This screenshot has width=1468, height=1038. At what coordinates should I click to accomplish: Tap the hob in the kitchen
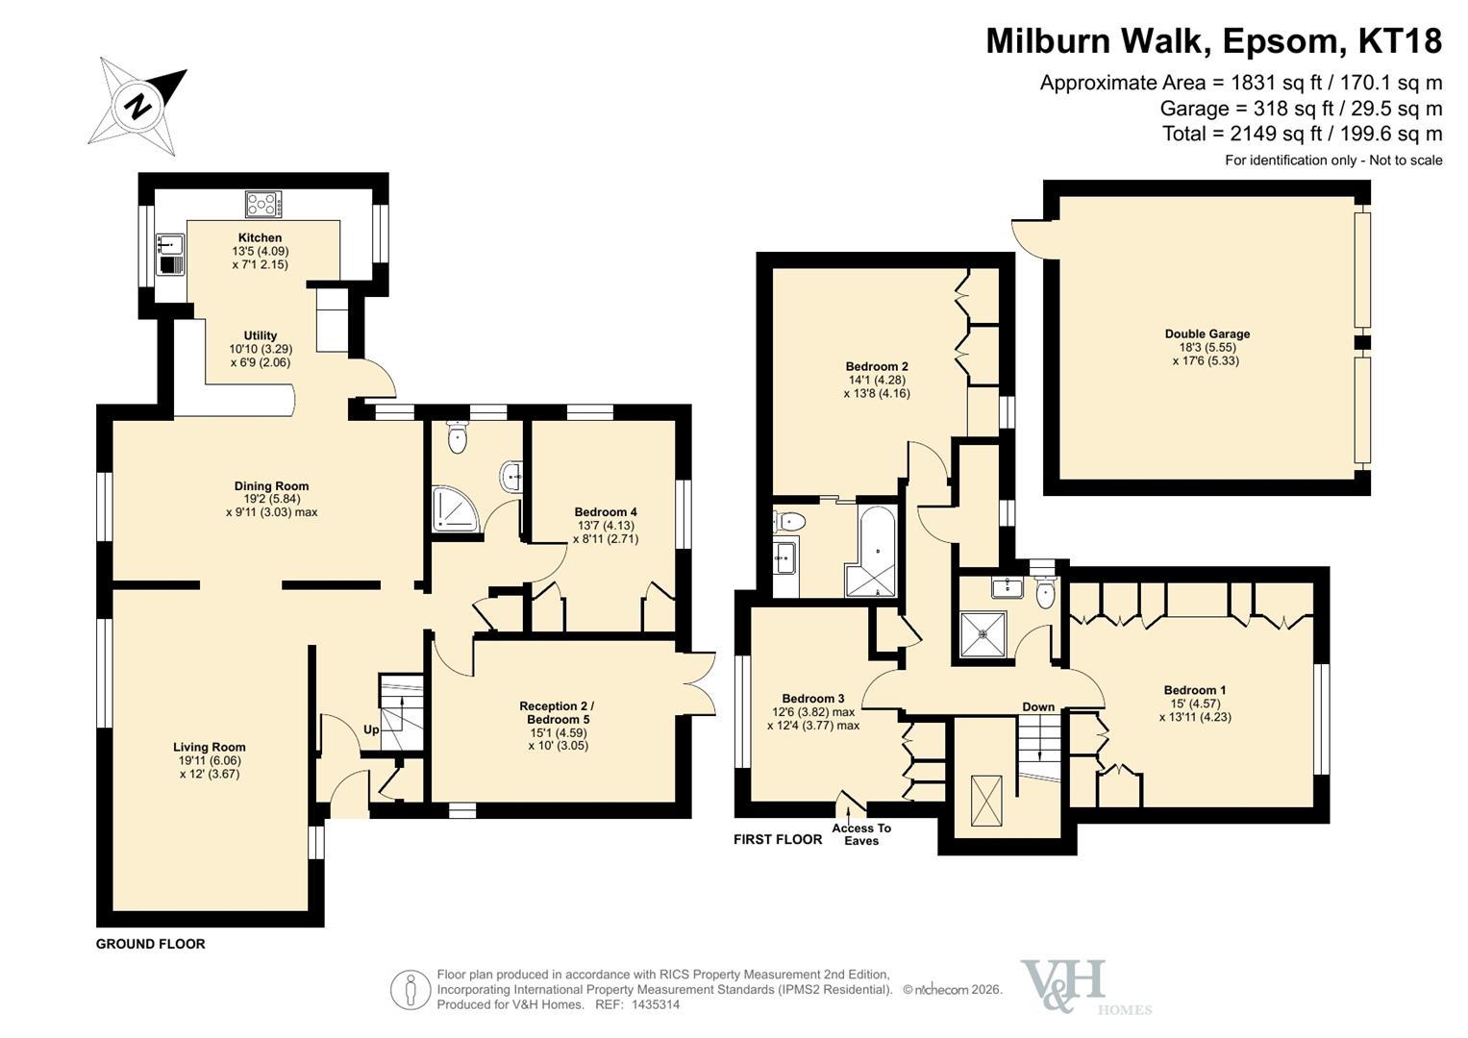click(263, 204)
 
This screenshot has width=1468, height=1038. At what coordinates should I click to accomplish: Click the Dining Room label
click(271, 485)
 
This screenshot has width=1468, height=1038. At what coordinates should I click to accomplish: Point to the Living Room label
click(209, 747)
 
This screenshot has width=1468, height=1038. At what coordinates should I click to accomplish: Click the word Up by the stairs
click(371, 730)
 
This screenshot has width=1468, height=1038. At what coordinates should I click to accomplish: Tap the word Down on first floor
click(1038, 707)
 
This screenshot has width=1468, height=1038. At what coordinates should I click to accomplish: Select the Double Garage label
click(1207, 334)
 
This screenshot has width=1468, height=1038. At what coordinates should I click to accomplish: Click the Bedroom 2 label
click(877, 366)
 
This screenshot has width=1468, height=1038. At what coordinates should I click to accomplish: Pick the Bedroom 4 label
click(606, 511)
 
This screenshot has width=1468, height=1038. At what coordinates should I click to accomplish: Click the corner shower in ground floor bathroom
click(456, 509)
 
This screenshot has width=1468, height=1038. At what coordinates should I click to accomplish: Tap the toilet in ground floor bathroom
click(458, 436)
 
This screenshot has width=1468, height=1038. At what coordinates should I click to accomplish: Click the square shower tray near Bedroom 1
click(983, 634)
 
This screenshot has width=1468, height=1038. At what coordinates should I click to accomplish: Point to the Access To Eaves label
click(861, 834)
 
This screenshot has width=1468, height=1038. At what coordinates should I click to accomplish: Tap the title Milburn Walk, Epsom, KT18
click(1214, 40)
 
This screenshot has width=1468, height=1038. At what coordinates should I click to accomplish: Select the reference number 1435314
click(656, 1004)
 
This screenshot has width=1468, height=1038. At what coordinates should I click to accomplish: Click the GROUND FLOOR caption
click(151, 944)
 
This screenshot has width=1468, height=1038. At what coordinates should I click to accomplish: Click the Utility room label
click(261, 334)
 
